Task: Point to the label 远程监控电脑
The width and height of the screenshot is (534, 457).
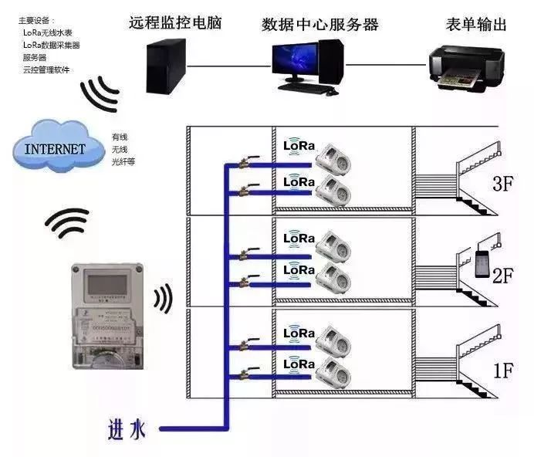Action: click(175, 23)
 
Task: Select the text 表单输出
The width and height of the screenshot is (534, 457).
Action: click(476, 24)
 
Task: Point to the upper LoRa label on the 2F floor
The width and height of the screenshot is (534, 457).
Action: click(299, 238)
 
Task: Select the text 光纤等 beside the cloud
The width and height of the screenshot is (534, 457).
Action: click(123, 161)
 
